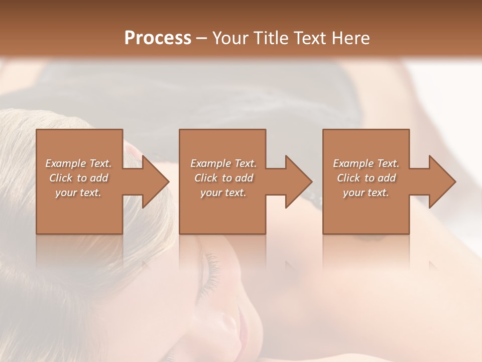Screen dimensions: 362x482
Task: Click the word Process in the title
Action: (158, 38)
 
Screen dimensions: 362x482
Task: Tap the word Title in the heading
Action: (271, 38)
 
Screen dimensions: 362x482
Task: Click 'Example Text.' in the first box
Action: (78, 163)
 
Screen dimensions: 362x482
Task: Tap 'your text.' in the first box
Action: (78, 193)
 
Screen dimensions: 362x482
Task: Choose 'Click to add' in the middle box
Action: (223, 178)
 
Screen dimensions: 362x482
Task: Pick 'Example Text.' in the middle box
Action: (223, 163)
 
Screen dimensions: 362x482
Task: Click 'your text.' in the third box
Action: (366, 193)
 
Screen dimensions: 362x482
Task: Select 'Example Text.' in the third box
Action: (366, 163)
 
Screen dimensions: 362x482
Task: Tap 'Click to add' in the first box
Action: (78, 178)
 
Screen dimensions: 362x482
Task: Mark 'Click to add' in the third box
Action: (366, 178)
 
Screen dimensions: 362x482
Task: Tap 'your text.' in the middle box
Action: (223, 193)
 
